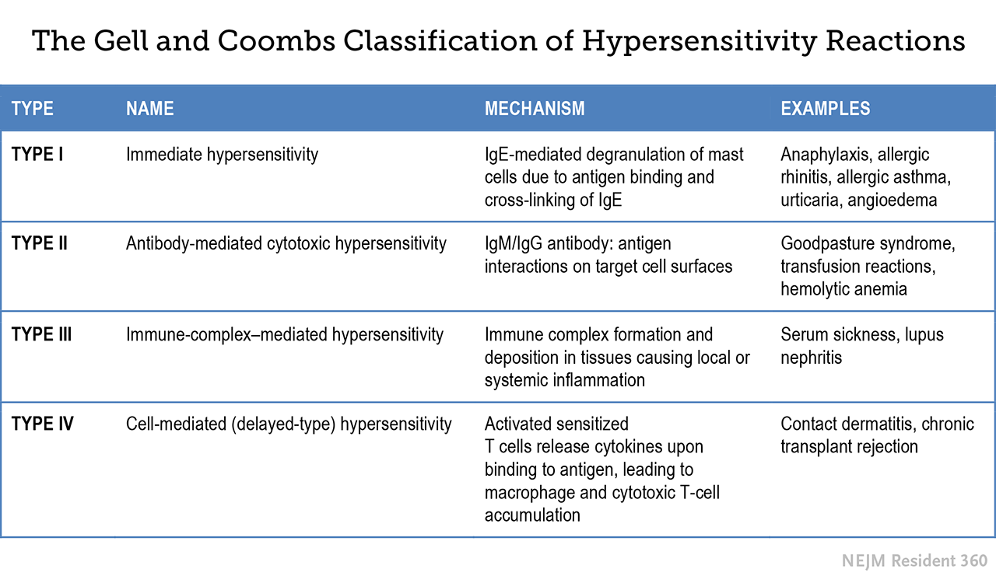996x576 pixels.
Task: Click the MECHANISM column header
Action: point(535,108)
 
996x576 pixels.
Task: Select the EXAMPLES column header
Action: point(826,108)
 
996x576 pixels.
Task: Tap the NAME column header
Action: point(150,108)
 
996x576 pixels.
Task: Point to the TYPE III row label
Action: point(41,334)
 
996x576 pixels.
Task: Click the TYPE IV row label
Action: point(42,424)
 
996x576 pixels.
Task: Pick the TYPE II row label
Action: point(39,243)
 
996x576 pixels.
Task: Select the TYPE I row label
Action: point(37,155)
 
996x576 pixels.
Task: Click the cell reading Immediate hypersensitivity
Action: point(222,155)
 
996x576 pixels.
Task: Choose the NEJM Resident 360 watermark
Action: point(914,560)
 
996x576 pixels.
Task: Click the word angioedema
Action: point(892,201)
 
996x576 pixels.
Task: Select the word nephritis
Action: point(811,358)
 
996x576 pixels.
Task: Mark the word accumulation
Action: point(532,515)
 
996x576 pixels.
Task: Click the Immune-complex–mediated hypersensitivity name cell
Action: point(285,335)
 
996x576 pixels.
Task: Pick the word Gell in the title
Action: point(120,41)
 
